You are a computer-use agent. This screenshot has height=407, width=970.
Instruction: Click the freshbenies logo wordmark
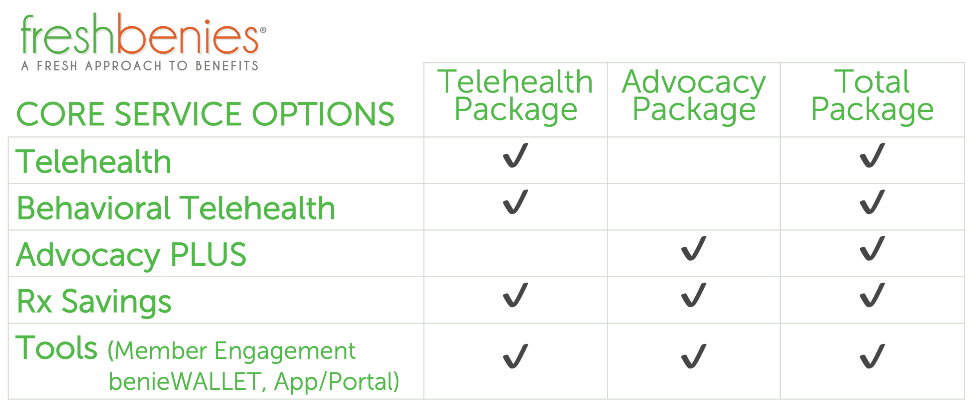pyautogui.click(x=143, y=35)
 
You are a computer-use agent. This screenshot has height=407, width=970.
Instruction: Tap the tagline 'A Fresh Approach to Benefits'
pyautogui.click(x=140, y=66)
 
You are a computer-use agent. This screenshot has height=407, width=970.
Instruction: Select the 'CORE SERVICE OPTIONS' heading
pyautogui.click(x=205, y=114)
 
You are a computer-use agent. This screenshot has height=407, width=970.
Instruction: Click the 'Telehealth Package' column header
pyautogui.click(x=515, y=95)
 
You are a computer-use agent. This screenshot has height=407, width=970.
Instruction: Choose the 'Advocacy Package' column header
pyautogui.click(x=694, y=95)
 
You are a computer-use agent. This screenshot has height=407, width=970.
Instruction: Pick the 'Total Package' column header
pyautogui.click(x=872, y=95)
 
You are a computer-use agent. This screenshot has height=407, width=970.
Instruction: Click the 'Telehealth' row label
pyautogui.click(x=94, y=162)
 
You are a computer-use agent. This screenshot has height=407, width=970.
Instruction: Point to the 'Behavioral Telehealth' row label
pyautogui.click(x=176, y=208)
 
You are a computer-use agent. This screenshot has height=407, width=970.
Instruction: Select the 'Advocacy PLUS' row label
pyautogui.click(x=131, y=255)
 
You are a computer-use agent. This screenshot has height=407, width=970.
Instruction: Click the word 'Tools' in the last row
pyautogui.click(x=56, y=348)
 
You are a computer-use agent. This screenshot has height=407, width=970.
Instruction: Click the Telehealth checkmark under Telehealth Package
pyautogui.click(x=515, y=155)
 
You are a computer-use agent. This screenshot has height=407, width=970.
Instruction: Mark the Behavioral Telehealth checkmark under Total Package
pyautogui.click(x=872, y=202)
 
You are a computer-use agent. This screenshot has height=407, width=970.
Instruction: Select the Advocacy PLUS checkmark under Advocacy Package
pyautogui.click(x=694, y=248)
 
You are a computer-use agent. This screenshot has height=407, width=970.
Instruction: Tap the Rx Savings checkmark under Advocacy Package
pyautogui.click(x=694, y=295)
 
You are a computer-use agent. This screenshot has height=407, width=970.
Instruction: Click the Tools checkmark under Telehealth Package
pyautogui.click(x=515, y=356)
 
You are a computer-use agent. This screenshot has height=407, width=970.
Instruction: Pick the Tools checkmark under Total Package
pyautogui.click(x=872, y=356)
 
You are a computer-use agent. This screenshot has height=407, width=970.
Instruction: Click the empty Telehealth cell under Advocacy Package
pyautogui.click(x=694, y=160)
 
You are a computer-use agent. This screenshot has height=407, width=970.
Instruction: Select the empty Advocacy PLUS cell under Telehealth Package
pyautogui.click(x=515, y=253)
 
